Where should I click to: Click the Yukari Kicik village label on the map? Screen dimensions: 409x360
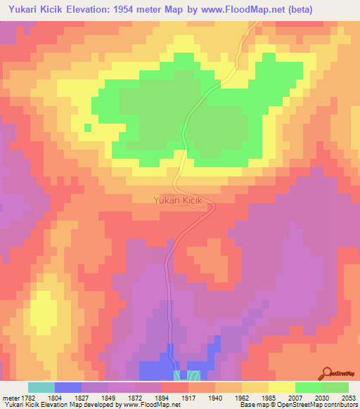[x=178, y=200]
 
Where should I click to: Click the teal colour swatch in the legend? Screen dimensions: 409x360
[x=41, y=387]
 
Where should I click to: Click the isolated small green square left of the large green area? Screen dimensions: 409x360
[x=87, y=127]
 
